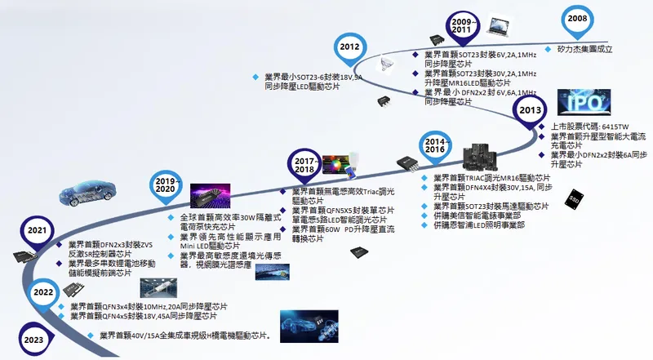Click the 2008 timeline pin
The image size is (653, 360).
[577, 19]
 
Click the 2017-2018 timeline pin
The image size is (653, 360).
[304, 163]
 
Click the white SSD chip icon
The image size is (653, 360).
[572, 198]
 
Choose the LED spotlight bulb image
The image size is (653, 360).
[394, 63]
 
